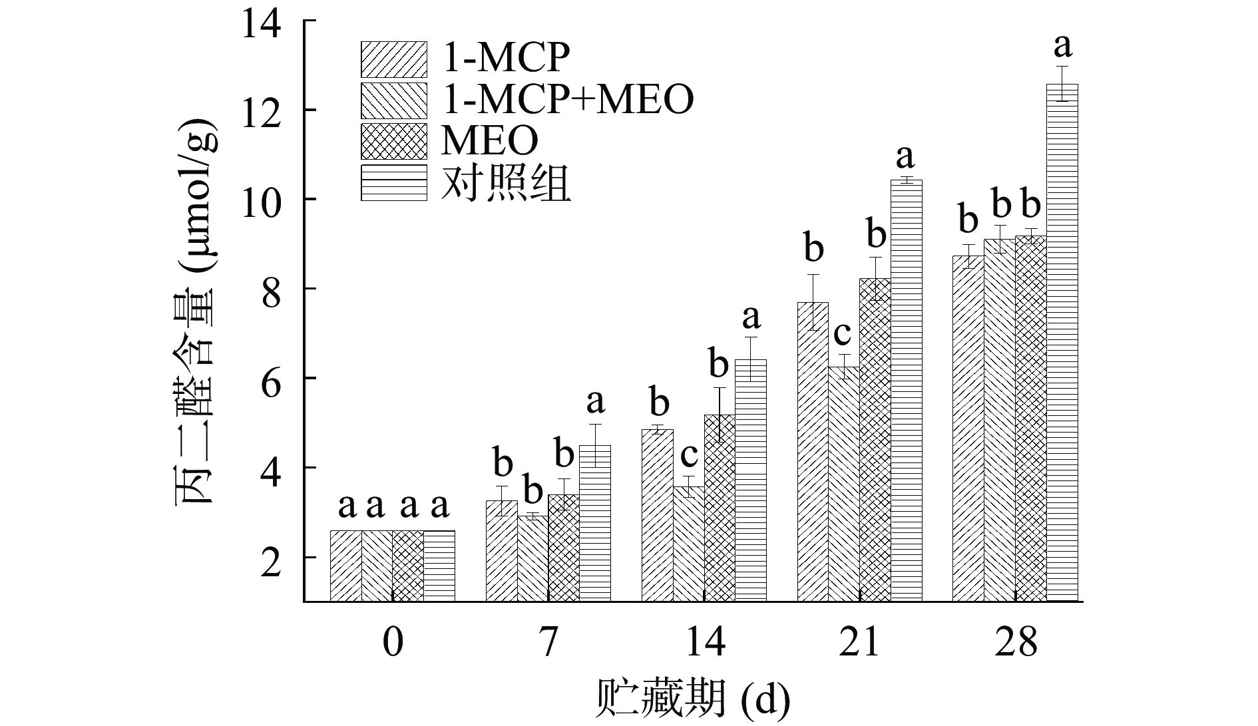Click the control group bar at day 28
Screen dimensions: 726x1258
tap(1062, 343)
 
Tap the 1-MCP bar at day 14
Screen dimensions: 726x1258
tap(657, 516)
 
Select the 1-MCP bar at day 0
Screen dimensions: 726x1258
tap(346, 566)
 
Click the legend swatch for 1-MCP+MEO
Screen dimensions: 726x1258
tap(393, 100)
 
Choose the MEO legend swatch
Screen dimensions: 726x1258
tap(393, 141)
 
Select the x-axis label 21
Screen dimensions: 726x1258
tap(859, 643)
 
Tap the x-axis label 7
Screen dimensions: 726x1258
tap(548, 643)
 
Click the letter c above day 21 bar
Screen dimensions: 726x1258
tap(843, 333)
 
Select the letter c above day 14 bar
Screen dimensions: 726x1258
tap(688, 455)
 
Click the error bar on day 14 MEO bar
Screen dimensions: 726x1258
tap(720, 415)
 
